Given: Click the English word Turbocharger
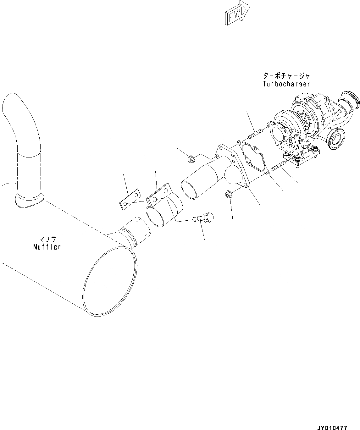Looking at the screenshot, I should (x=286, y=84).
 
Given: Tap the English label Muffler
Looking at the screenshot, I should (x=47, y=247).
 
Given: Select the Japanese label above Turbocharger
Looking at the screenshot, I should (x=286, y=76).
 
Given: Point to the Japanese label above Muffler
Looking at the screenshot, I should (x=47, y=239).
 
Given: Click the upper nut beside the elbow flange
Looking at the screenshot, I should (x=190, y=160).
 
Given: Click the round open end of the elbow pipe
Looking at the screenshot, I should (x=190, y=189).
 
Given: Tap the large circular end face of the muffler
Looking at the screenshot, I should (x=111, y=281).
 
